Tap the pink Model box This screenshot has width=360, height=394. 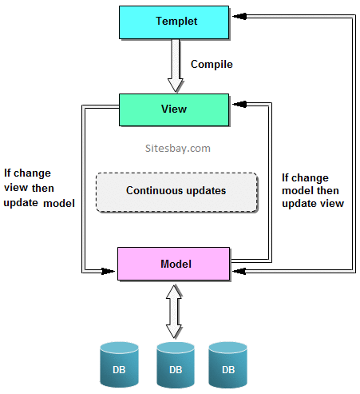pyautogui.click(x=174, y=264)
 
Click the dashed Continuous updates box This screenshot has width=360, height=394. pyautogui.click(x=176, y=192)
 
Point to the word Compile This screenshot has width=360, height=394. pyautogui.click(x=212, y=64)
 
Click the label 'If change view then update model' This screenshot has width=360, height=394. pyautogui.click(x=39, y=187)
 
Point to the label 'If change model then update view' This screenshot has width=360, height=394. pyautogui.click(x=313, y=190)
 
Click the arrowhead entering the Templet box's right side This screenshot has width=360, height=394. pyautogui.click(x=238, y=16)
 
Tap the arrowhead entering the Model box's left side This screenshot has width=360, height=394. pyautogui.click(x=112, y=271)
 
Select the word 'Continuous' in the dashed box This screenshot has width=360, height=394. pyautogui.click(x=153, y=191)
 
